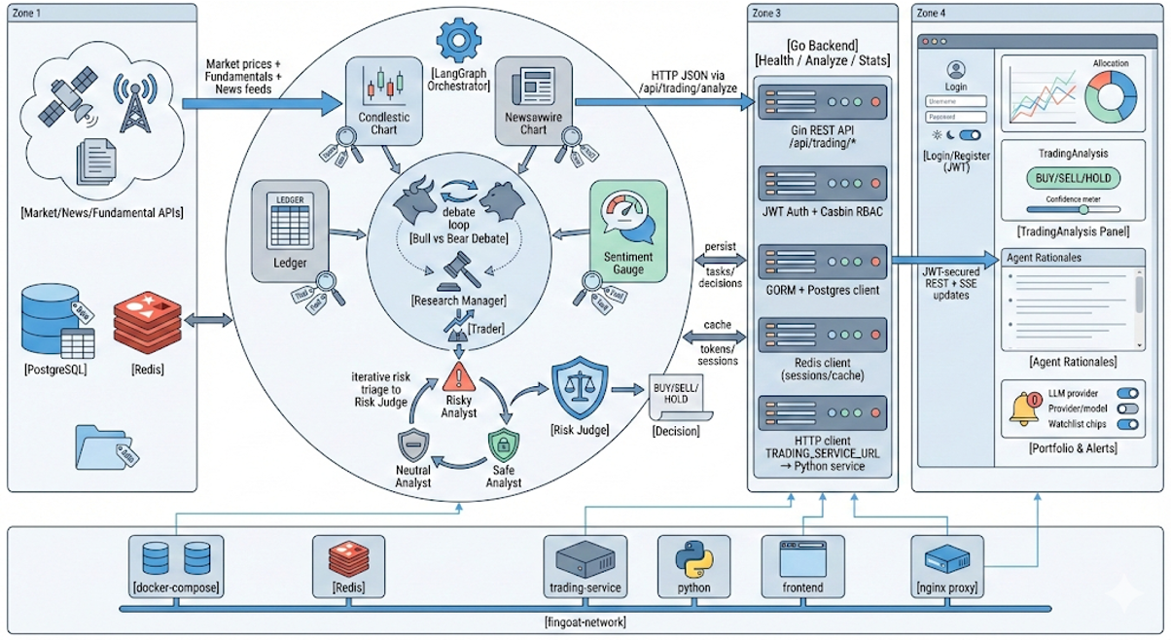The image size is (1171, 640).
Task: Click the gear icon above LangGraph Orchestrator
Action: tap(454, 40)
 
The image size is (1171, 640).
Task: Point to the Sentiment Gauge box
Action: tap(627, 231)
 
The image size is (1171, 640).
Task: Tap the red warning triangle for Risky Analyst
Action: tap(457, 375)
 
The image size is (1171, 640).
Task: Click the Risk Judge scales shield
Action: tap(580, 388)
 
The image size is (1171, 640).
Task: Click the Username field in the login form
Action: tap(956, 101)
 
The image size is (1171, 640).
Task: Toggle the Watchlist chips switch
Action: tap(1127, 424)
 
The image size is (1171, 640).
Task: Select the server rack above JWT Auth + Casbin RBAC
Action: tap(822, 184)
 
